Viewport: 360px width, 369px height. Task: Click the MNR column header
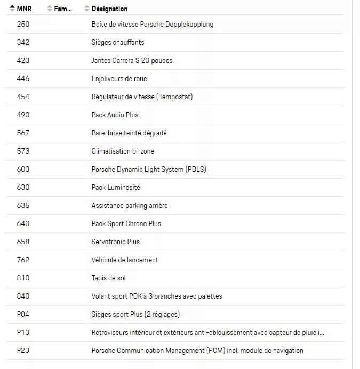pos(24,9)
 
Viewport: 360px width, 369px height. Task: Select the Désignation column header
pos(109,9)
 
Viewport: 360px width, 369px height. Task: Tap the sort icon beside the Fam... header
pos(50,9)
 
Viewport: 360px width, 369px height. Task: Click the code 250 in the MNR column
pos(23,25)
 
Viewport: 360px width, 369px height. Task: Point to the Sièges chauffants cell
pos(117,43)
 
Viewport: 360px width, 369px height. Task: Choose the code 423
pos(23,61)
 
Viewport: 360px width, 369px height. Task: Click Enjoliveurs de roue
pos(119,79)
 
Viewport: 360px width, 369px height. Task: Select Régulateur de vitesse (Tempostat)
pos(142,97)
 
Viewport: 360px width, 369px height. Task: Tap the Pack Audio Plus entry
pos(115,115)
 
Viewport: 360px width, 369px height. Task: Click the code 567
pos(23,133)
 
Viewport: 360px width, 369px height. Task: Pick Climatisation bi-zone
pos(123,151)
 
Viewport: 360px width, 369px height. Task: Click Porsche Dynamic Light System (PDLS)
pos(149,170)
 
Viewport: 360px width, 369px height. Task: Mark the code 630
pos(23,188)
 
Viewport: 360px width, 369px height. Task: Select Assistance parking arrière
pos(130,206)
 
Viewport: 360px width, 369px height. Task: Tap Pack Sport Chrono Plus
pos(126,224)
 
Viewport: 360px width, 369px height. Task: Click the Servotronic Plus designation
pos(115,242)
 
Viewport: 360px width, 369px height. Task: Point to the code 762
pos(23,260)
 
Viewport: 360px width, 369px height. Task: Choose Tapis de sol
pos(108,278)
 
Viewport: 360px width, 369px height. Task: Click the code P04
pos(23,315)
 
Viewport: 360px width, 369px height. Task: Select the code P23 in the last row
pos(23,351)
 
